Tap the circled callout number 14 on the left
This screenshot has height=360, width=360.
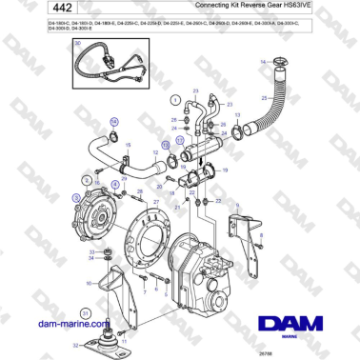point(114,121)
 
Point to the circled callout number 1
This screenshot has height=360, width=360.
point(174,99)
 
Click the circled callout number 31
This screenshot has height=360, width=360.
point(85,313)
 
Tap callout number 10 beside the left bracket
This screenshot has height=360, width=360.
point(90,282)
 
